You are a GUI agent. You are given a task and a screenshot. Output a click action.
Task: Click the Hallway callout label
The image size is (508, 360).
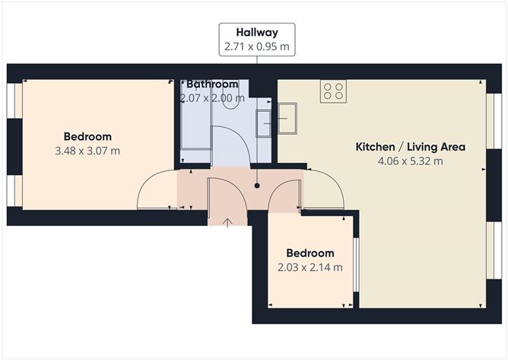256,33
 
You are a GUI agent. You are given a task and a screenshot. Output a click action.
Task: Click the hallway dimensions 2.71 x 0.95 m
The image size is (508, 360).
256,46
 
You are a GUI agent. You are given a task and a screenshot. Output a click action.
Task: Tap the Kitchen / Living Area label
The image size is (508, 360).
411,147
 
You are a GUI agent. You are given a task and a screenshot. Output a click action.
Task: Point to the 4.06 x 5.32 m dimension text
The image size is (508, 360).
411,161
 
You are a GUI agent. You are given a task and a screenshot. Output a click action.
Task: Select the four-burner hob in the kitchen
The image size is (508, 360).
333,91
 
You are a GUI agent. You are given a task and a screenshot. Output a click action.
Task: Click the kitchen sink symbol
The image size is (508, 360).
287,118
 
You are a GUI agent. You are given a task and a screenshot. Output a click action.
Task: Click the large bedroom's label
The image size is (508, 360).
87,137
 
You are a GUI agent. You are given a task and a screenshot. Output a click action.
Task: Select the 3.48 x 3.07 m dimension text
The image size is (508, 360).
87,151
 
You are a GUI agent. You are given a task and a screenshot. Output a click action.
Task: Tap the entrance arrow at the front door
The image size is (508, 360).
229,221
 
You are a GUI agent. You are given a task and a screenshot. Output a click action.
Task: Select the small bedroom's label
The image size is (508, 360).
310,253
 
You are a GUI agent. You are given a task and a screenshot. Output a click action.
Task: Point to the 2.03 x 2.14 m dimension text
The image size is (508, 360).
310,267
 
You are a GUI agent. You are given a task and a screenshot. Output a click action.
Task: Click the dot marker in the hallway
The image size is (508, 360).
257,185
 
